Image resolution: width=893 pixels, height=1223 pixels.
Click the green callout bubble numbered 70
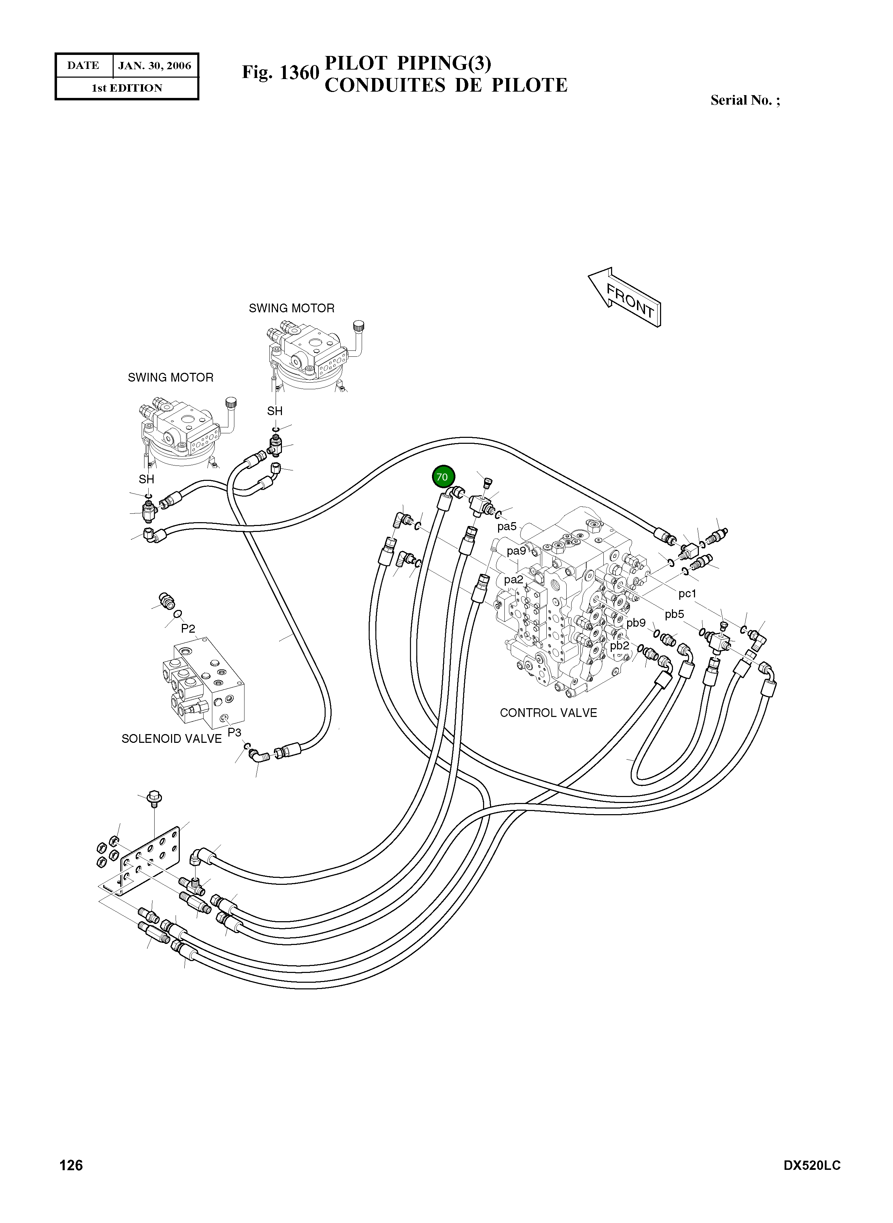point(443,477)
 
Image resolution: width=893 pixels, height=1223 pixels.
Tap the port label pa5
point(507,526)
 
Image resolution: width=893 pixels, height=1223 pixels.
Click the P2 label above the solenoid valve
point(188,628)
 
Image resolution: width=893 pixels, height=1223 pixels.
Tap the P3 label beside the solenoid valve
point(234,732)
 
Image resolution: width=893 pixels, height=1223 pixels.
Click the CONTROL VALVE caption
point(548,713)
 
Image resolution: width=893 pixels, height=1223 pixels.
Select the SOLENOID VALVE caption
point(171,739)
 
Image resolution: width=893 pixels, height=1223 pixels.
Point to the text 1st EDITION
point(127,88)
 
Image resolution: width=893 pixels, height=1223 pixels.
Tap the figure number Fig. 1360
point(281,72)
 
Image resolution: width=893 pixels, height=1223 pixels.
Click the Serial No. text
point(745,100)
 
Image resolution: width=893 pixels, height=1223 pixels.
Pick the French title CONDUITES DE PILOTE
point(446,85)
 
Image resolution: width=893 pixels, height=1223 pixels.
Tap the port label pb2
point(619,646)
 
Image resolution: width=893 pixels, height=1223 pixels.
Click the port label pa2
point(513,580)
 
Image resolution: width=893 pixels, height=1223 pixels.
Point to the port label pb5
point(674,614)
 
